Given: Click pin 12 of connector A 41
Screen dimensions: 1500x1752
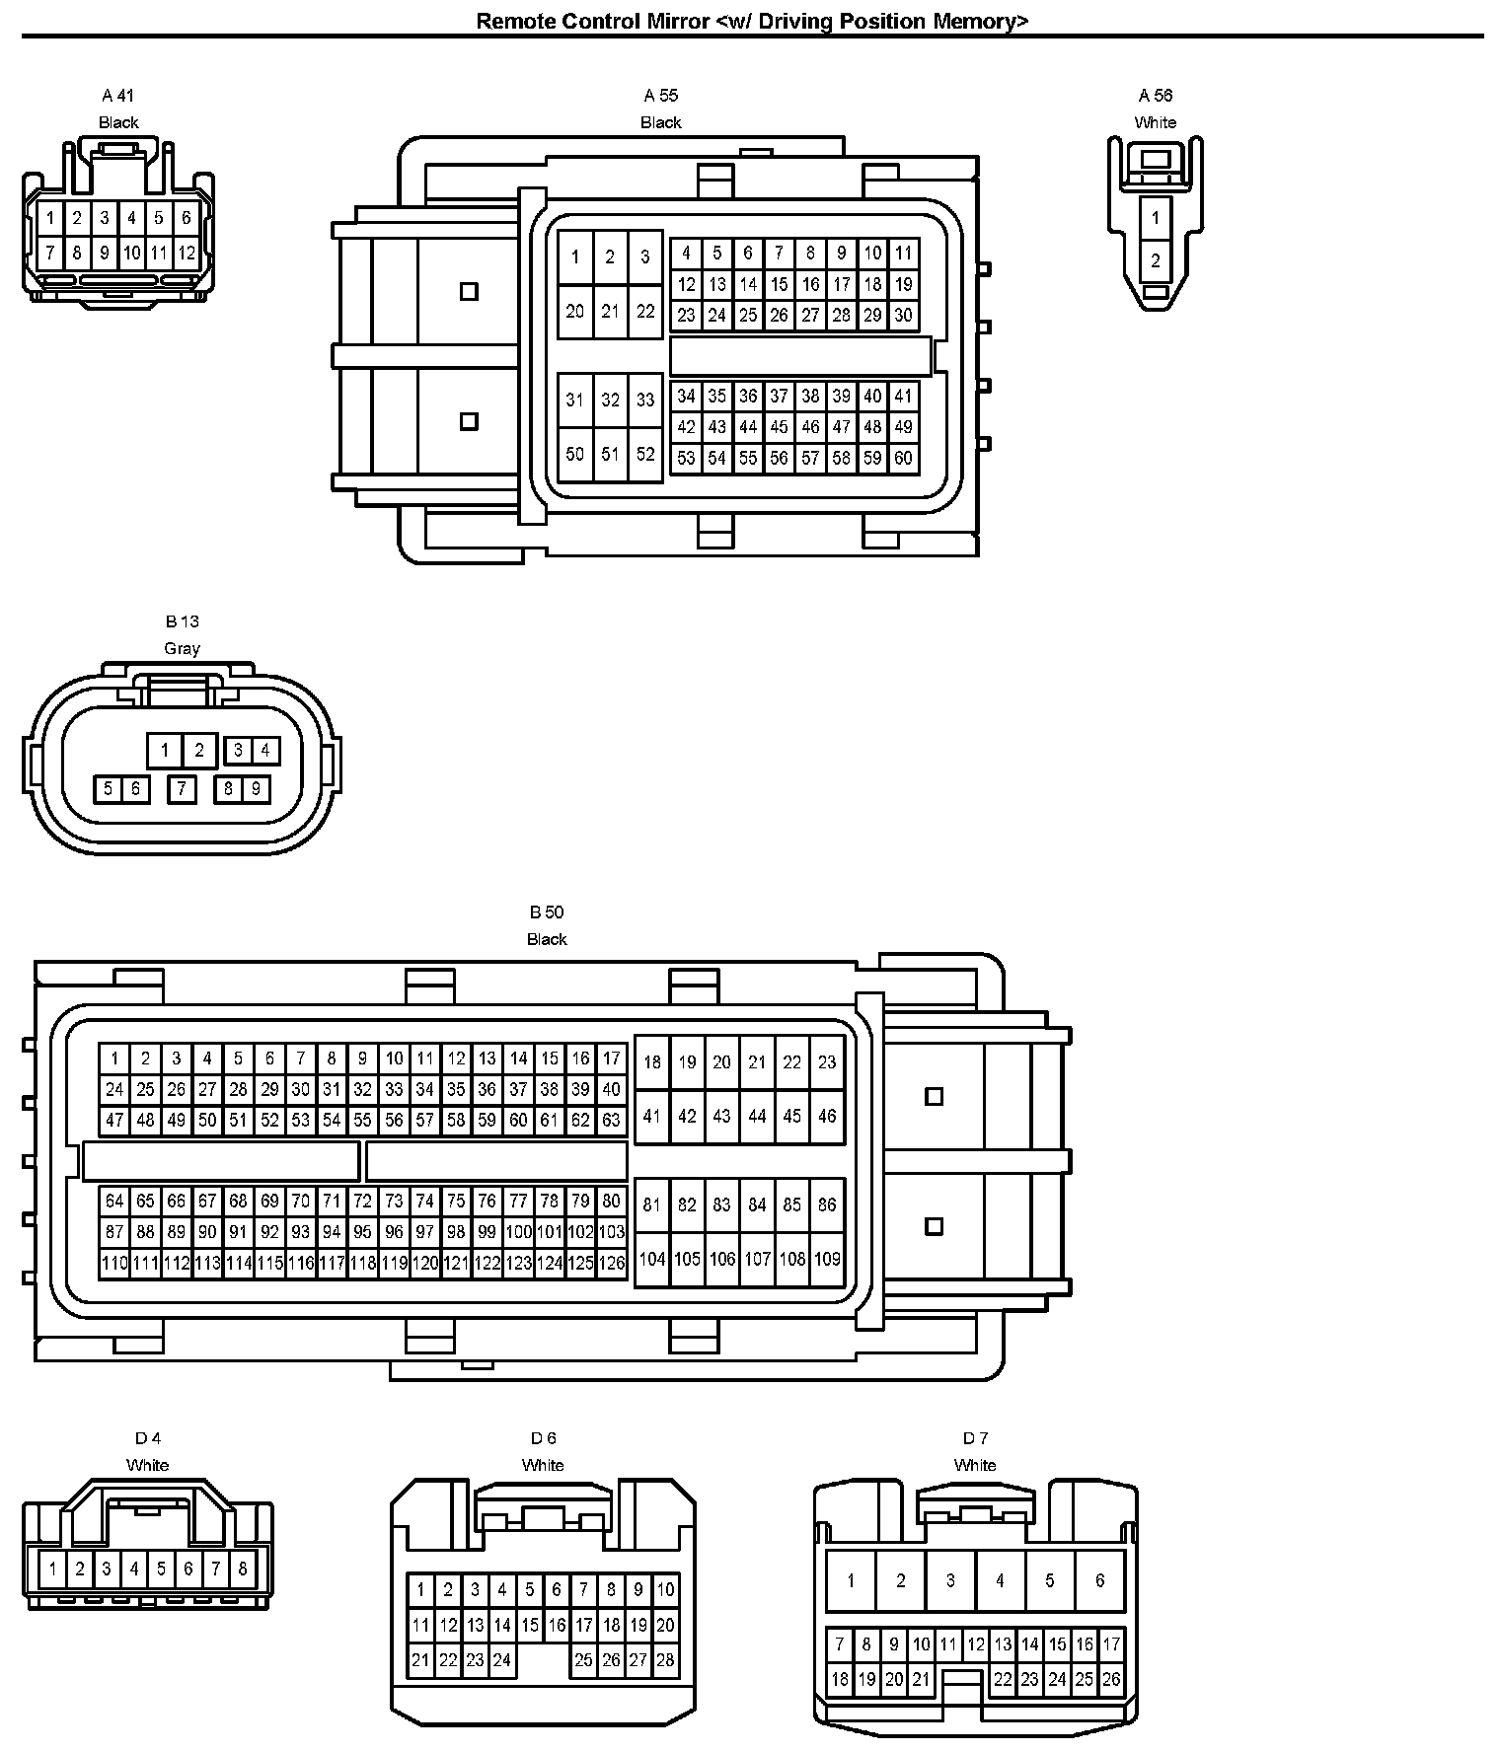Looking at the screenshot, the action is [187, 253].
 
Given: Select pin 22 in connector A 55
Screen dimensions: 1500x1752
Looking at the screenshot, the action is [645, 312].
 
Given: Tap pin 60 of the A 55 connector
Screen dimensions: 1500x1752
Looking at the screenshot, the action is [903, 458].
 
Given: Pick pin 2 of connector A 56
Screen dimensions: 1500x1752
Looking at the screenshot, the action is [1156, 261].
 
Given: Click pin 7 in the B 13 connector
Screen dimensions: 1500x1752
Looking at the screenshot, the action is [182, 788].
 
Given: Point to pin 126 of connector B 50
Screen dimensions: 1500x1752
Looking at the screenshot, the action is [612, 1263].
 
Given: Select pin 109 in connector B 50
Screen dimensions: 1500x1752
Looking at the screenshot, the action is [827, 1260].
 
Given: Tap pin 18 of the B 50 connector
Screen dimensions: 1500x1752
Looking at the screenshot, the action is [652, 1062].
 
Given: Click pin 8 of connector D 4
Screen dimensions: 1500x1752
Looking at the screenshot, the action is [242, 1568].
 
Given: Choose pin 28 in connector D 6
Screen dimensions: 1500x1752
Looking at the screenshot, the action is [665, 1660].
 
